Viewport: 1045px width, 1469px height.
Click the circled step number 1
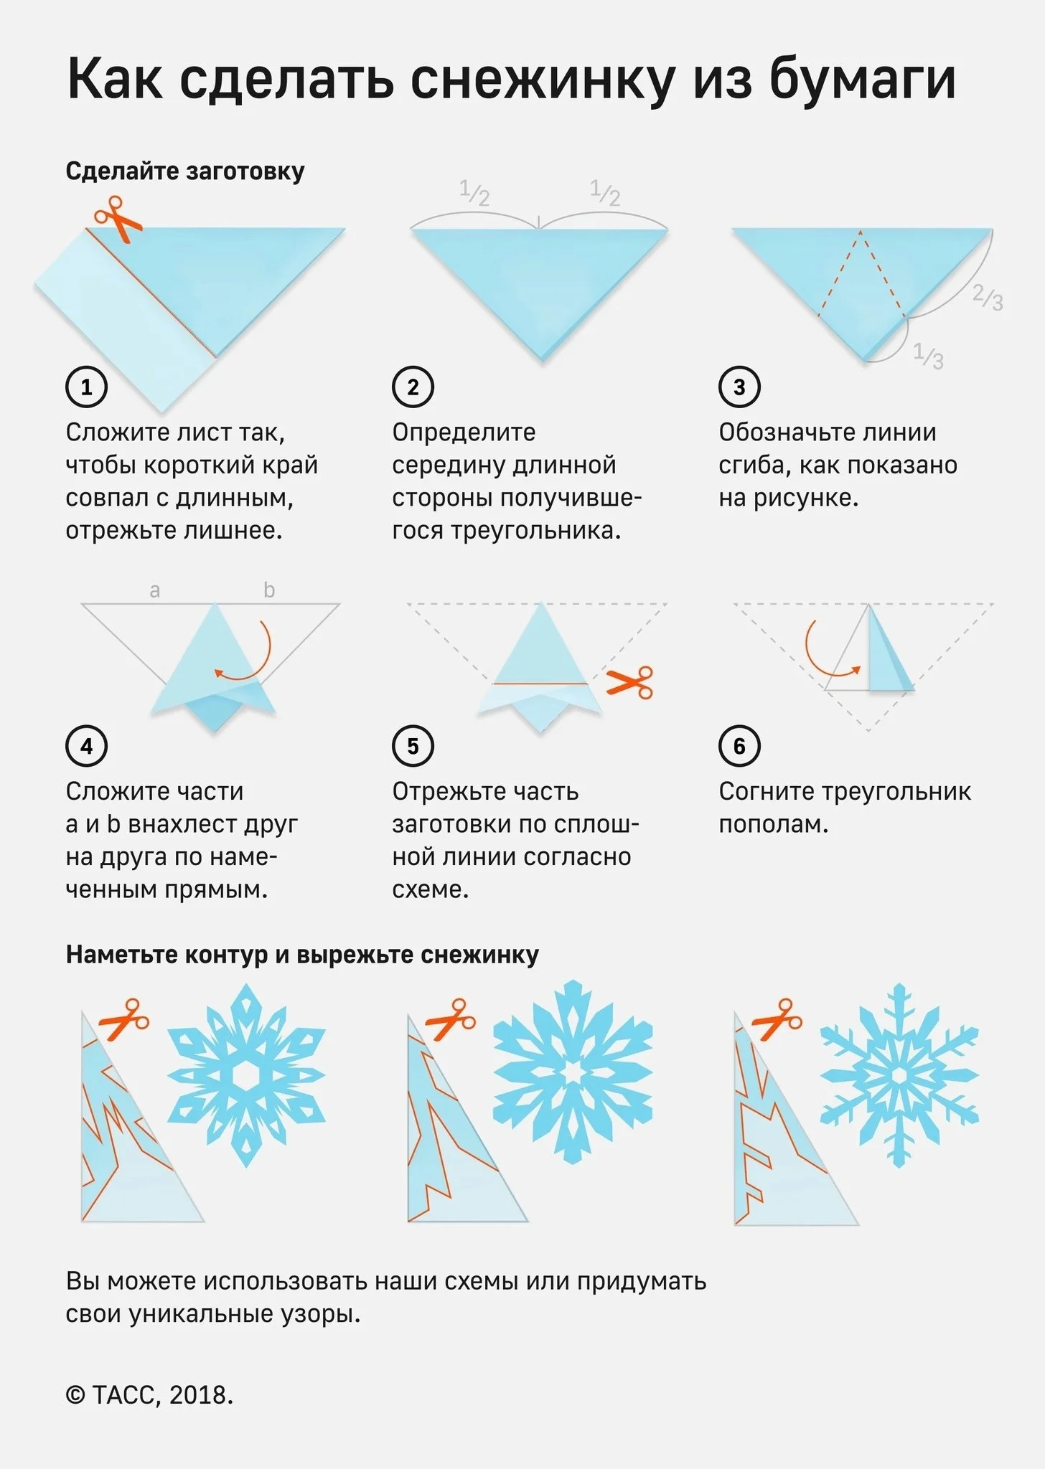[x=86, y=387]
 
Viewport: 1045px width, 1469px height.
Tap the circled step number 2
[x=413, y=387]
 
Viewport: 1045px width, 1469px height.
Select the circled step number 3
[x=739, y=387]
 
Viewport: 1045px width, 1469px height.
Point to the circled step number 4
[x=86, y=746]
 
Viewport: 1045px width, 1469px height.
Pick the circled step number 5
[x=413, y=746]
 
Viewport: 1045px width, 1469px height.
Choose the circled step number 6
[x=739, y=746]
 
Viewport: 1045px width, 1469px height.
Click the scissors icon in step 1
[x=118, y=218]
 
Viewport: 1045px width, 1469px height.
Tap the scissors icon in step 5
[x=629, y=682]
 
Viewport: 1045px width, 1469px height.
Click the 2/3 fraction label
[x=988, y=296]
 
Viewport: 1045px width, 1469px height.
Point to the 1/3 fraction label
[x=929, y=355]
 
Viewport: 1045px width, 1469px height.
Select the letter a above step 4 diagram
[x=154, y=590]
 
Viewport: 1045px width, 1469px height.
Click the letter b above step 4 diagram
[x=269, y=589]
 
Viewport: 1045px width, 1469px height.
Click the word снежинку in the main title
[x=543, y=79]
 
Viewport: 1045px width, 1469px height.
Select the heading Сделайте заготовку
[x=185, y=171]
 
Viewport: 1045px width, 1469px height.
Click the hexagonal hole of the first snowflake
[x=246, y=1075]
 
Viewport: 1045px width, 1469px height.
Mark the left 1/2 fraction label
[x=474, y=193]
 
